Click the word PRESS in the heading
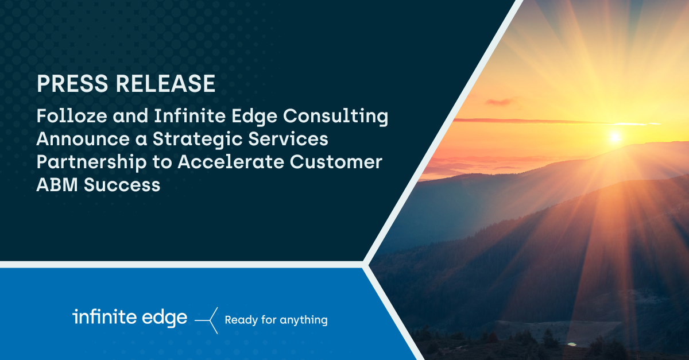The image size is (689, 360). [72, 83]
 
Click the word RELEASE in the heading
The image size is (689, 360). [165, 83]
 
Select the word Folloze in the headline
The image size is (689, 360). [72, 115]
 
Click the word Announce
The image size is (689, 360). [83, 139]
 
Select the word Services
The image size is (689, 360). [288, 139]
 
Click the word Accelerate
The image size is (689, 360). [231, 162]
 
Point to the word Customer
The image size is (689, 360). [336, 162]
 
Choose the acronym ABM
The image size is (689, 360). [57, 185]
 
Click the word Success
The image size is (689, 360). [122, 185]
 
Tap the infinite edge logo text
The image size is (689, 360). [130, 318]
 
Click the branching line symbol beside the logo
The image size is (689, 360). [206, 320]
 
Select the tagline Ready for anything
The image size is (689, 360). [276, 320]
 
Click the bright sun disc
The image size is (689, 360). [614, 137]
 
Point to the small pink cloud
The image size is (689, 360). [498, 102]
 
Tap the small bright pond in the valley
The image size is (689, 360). [572, 344]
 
